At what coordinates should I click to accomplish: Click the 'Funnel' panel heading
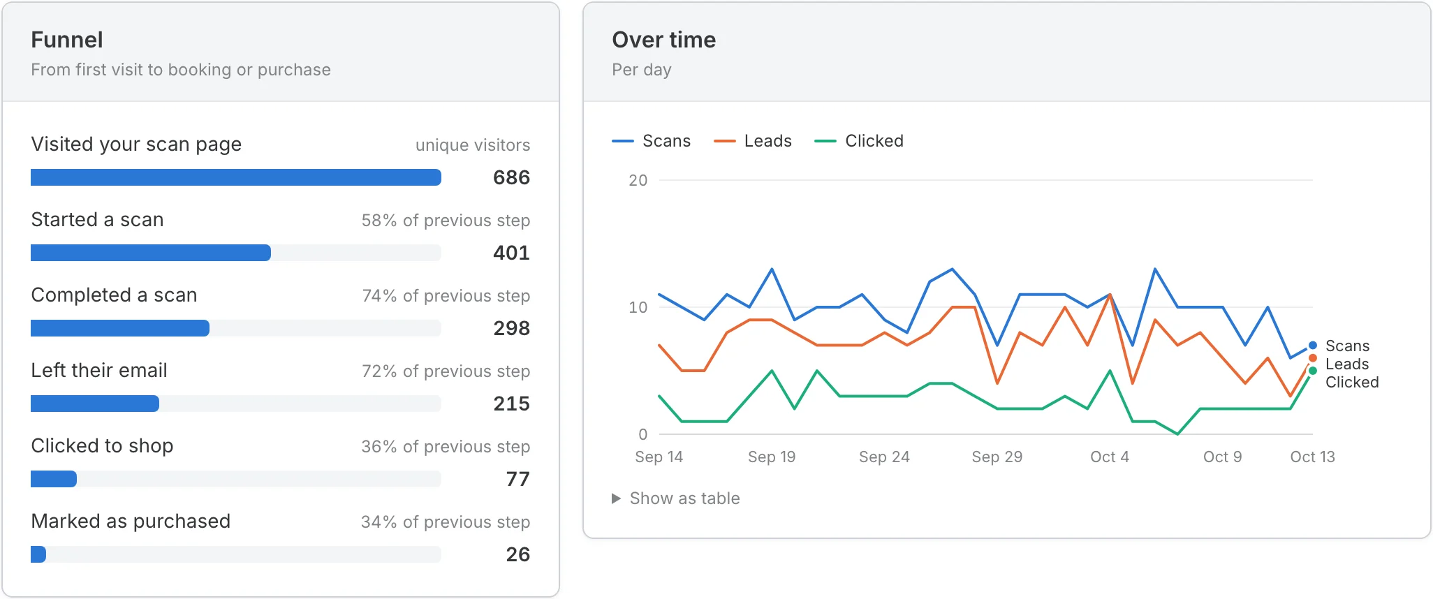pyautogui.click(x=67, y=40)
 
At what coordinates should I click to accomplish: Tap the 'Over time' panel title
pyautogui.click(x=663, y=40)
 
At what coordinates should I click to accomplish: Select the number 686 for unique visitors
pyautogui.click(x=511, y=177)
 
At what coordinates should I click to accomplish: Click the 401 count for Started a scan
pyautogui.click(x=511, y=253)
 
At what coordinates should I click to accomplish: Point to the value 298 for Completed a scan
pyautogui.click(x=511, y=328)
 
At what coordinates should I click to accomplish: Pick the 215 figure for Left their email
pyautogui.click(x=511, y=404)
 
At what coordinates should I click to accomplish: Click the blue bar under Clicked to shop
pyautogui.click(x=54, y=479)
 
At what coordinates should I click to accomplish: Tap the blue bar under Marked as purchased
pyautogui.click(x=38, y=554)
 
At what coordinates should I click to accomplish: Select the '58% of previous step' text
pyautogui.click(x=446, y=221)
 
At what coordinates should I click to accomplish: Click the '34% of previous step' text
pyautogui.click(x=446, y=522)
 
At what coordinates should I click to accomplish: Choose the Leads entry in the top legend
pyautogui.click(x=753, y=141)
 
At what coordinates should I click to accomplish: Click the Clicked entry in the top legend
pyautogui.click(x=859, y=141)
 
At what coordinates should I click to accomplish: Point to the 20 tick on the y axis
pyautogui.click(x=638, y=180)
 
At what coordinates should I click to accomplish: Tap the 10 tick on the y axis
pyautogui.click(x=638, y=307)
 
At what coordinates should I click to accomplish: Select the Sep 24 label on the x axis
pyautogui.click(x=884, y=457)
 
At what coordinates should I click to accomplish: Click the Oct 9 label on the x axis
pyautogui.click(x=1222, y=457)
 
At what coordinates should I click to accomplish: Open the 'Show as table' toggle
pyautogui.click(x=676, y=498)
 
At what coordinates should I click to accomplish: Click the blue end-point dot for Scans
pyautogui.click(x=1313, y=346)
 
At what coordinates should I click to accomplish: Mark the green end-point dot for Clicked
pyautogui.click(x=1313, y=371)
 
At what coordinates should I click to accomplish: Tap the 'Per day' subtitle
pyautogui.click(x=642, y=70)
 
